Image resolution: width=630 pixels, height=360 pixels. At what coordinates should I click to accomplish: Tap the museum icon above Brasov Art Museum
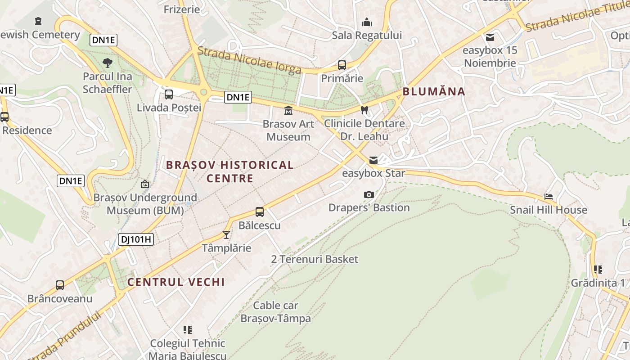pos(288,110)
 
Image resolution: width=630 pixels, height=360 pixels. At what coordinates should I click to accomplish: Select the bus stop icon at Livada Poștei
pos(169,94)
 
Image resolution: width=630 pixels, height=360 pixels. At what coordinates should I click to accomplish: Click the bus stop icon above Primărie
pos(342,65)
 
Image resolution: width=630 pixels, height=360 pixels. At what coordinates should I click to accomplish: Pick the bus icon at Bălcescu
pos(260,212)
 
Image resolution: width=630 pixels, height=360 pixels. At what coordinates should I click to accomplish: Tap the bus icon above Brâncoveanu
pos(60,285)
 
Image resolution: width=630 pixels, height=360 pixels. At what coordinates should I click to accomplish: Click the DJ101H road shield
pos(136,239)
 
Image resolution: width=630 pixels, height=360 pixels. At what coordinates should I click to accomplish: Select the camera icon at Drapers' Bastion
pos(369,194)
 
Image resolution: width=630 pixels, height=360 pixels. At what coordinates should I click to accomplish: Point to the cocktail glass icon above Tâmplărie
pos(226,235)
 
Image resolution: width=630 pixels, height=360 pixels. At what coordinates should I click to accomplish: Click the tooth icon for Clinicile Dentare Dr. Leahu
pos(364,110)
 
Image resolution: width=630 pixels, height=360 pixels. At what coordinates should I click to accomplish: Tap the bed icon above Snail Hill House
pos(548,197)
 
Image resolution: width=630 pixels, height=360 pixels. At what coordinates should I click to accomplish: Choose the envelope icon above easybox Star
pos(373,160)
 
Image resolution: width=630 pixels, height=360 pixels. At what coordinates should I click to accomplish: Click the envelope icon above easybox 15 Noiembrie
pos(490,37)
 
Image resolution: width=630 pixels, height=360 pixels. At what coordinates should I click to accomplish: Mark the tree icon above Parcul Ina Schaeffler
pos(107,63)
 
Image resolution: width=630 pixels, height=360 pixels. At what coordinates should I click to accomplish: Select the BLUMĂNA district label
pos(434,92)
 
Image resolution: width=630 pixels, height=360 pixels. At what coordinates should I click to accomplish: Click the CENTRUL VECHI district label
pos(176,282)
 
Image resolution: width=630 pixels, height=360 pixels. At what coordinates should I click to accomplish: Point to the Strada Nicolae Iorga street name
pos(249,60)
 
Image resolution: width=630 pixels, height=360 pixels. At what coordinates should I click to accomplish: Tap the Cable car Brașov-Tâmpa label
pos(275,312)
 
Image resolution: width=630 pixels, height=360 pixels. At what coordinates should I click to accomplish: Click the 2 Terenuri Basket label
pos(315,259)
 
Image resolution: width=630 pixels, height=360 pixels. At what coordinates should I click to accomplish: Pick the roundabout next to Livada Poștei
pos(203,92)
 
